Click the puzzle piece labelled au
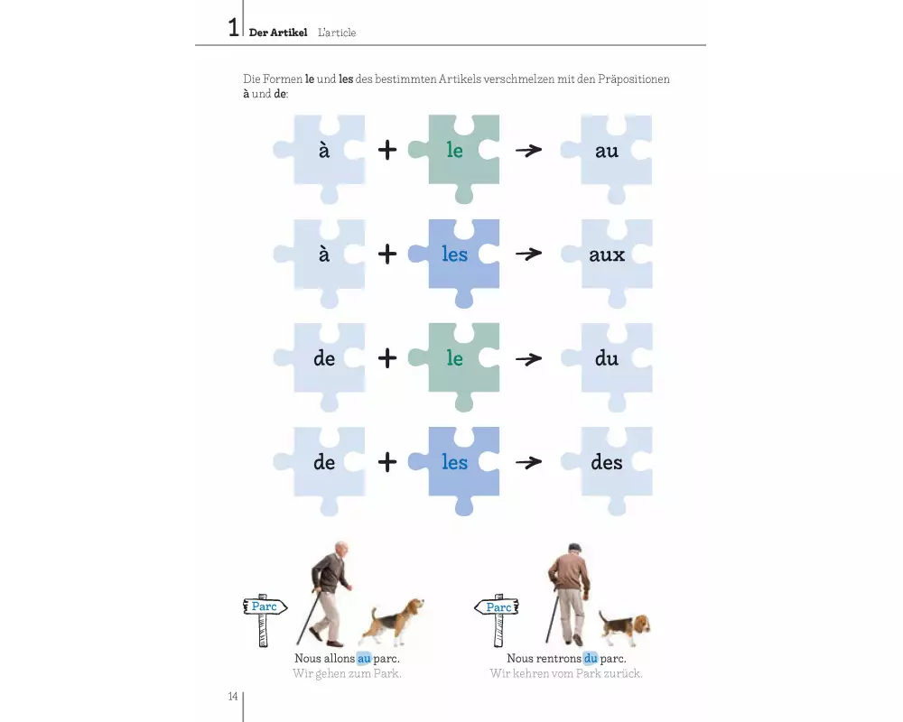pos(607,151)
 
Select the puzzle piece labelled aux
pos(607,255)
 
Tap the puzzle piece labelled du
pos(607,358)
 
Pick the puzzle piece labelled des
pos(607,462)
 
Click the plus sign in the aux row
pos(387,254)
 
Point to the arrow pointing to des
pos(528,462)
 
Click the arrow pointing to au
pos(528,151)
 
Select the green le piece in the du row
pos(454,358)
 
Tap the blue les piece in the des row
pos(454,462)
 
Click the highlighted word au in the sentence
pos(364,658)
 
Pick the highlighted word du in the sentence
pos(591,658)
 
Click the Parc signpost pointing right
pos(265,619)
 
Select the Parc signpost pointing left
pos(497,619)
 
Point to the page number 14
pos(233,697)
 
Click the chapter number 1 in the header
pos(233,27)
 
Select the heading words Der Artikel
pos(278,32)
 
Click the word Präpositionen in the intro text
pos(634,79)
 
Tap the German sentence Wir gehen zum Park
pos(347,673)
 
